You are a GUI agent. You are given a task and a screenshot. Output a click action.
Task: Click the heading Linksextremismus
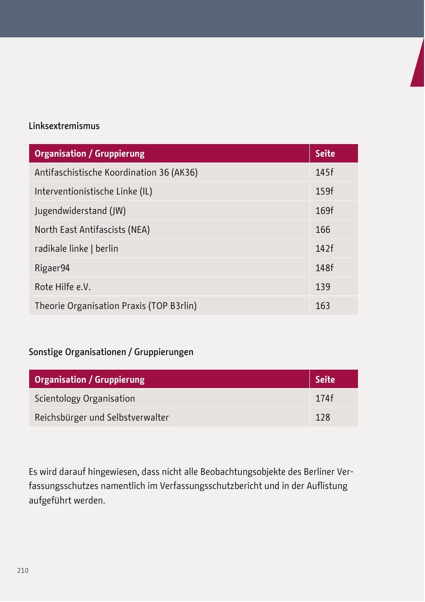pyautogui.click(x=64, y=126)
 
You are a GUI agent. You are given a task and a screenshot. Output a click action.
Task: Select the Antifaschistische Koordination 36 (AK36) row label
pyautogui.click(x=116, y=173)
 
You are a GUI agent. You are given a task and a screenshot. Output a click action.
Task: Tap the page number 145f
pyautogui.click(x=324, y=173)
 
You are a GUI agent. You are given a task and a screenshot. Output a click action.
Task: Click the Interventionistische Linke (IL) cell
pyautogui.click(x=93, y=192)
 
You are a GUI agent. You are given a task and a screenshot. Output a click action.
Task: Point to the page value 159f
pyautogui.click(x=324, y=192)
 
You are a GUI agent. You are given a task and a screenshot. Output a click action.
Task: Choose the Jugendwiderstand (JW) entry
pyautogui.click(x=80, y=211)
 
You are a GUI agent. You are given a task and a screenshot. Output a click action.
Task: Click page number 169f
pyautogui.click(x=324, y=211)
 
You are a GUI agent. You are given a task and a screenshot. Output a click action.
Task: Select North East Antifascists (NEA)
pyautogui.click(x=92, y=230)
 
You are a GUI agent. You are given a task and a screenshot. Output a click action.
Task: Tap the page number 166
pyautogui.click(x=323, y=230)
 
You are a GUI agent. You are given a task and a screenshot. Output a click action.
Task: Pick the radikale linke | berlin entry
pyautogui.click(x=76, y=249)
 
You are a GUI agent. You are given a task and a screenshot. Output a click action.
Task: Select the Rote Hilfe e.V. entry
pyautogui.click(x=63, y=287)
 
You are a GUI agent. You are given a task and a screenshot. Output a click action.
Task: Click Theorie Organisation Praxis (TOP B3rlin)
pyautogui.click(x=116, y=306)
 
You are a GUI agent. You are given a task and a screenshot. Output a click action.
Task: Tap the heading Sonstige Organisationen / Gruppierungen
pyautogui.click(x=111, y=352)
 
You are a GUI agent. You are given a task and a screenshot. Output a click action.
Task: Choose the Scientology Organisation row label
pyautogui.click(x=85, y=399)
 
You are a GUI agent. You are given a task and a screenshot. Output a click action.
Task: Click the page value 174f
pyautogui.click(x=324, y=399)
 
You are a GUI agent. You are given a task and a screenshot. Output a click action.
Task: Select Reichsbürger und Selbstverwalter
pyautogui.click(x=102, y=418)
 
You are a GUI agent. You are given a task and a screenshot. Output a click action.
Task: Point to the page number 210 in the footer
pyautogui.click(x=23, y=570)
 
